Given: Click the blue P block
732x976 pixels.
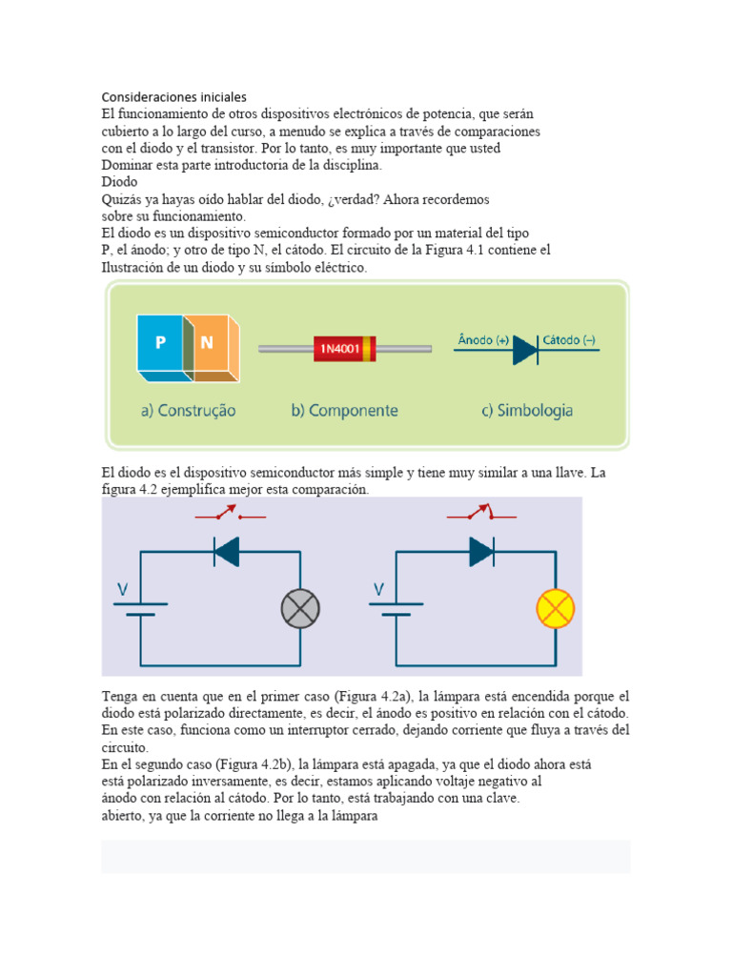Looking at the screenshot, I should tap(160, 343).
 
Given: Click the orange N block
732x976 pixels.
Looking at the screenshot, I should tap(208, 343).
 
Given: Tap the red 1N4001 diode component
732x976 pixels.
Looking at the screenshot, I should tap(344, 349).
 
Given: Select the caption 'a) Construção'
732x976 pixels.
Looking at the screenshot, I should tap(188, 411).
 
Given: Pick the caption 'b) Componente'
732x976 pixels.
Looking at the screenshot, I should tap(344, 411).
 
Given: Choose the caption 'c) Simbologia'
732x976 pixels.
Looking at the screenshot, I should tap(526, 411).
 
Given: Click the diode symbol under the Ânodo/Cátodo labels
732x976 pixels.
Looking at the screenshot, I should tap(526, 351).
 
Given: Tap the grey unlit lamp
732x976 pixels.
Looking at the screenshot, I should tap(300, 608).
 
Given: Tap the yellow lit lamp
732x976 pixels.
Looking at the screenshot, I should tap(556, 608).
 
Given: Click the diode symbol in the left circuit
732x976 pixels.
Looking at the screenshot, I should tap(226, 551).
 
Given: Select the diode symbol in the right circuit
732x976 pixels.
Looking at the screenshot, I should tap(481, 551).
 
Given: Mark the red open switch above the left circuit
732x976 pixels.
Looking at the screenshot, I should tap(230, 516).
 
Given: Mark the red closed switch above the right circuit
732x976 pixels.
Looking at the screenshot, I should tap(482, 515).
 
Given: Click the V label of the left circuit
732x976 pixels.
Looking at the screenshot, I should tap(122, 590).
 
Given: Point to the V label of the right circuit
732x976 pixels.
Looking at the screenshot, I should tap(376, 590).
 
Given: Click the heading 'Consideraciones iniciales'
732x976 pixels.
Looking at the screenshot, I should tap(174, 97).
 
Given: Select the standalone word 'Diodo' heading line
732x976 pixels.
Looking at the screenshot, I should tap(120, 181).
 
